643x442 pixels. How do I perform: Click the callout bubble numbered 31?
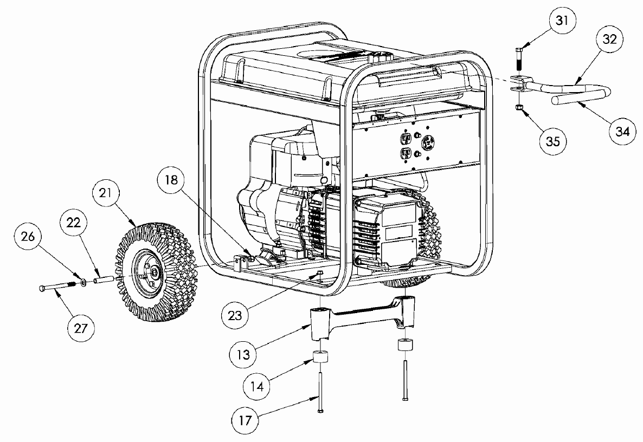[562, 20]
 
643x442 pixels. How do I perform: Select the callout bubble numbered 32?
[610, 40]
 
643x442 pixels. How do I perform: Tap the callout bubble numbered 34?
[622, 132]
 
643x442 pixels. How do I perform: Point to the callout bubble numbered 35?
[553, 142]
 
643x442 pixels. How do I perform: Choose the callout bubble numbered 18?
[172, 179]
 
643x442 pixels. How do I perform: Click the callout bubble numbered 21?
[105, 192]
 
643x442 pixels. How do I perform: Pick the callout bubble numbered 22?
[74, 223]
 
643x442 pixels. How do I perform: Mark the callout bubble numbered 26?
[28, 236]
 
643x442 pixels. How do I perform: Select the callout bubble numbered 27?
[81, 328]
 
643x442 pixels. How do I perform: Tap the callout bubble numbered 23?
[235, 315]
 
